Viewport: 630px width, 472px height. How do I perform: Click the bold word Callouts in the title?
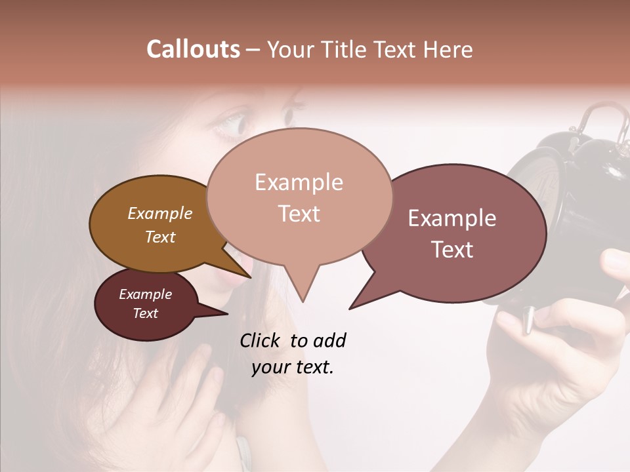coord(193,49)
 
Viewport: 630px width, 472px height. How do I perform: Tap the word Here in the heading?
coord(448,50)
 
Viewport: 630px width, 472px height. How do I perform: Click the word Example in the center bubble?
coord(299,182)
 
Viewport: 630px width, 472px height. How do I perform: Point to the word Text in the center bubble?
coord(299,214)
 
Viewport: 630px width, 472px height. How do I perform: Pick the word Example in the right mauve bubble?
coord(452,218)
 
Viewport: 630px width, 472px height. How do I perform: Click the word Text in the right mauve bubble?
coord(452,250)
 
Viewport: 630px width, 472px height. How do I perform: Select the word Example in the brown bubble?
coord(159,214)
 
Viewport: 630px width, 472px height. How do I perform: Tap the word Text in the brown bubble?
coord(159,237)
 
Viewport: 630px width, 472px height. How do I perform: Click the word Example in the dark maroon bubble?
coord(145,294)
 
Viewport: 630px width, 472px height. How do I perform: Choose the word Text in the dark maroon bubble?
coord(145,313)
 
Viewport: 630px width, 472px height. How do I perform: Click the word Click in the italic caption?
coord(262,340)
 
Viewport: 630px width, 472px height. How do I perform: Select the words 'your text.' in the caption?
coord(292,368)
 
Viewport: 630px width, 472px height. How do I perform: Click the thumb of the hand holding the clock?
coord(614,262)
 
